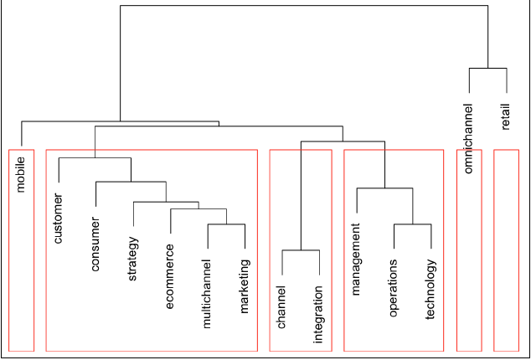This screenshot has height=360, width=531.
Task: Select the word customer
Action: click(59, 224)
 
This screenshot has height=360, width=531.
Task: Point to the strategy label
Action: click(132, 260)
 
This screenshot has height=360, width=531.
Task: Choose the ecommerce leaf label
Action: click(170, 276)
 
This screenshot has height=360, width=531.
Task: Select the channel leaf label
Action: click(281, 307)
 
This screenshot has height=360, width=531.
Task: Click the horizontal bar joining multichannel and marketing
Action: click(225, 224)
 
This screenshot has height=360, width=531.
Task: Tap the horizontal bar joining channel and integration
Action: click(300, 250)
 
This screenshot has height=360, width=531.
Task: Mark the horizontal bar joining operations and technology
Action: click(412, 224)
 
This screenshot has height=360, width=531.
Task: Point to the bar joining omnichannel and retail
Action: click(487, 68)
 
